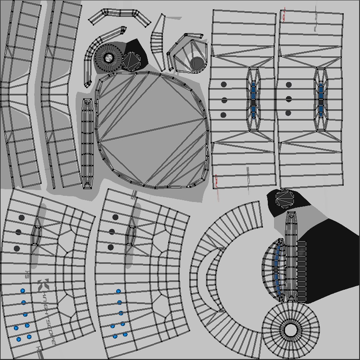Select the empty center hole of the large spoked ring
pyautogui.click(x=291, y=330)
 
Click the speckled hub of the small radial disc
pyautogui.click(x=109, y=58)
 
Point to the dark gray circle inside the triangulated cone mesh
pyautogui.click(x=197, y=63)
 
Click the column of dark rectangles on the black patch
pyautogui.click(x=301, y=270)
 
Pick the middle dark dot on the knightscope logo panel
pyautogui.click(x=18, y=232)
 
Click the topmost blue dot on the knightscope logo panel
pyautogui.click(x=23, y=291)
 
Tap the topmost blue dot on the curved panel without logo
pyautogui.click(x=118, y=291)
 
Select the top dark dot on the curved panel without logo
pyautogui.click(x=115, y=217)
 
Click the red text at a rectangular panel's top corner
pyautogui.click(x=284, y=15)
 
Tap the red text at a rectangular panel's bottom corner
pyautogui.click(x=216, y=182)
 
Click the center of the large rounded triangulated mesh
pyautogui.click(x=152, y=130)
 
